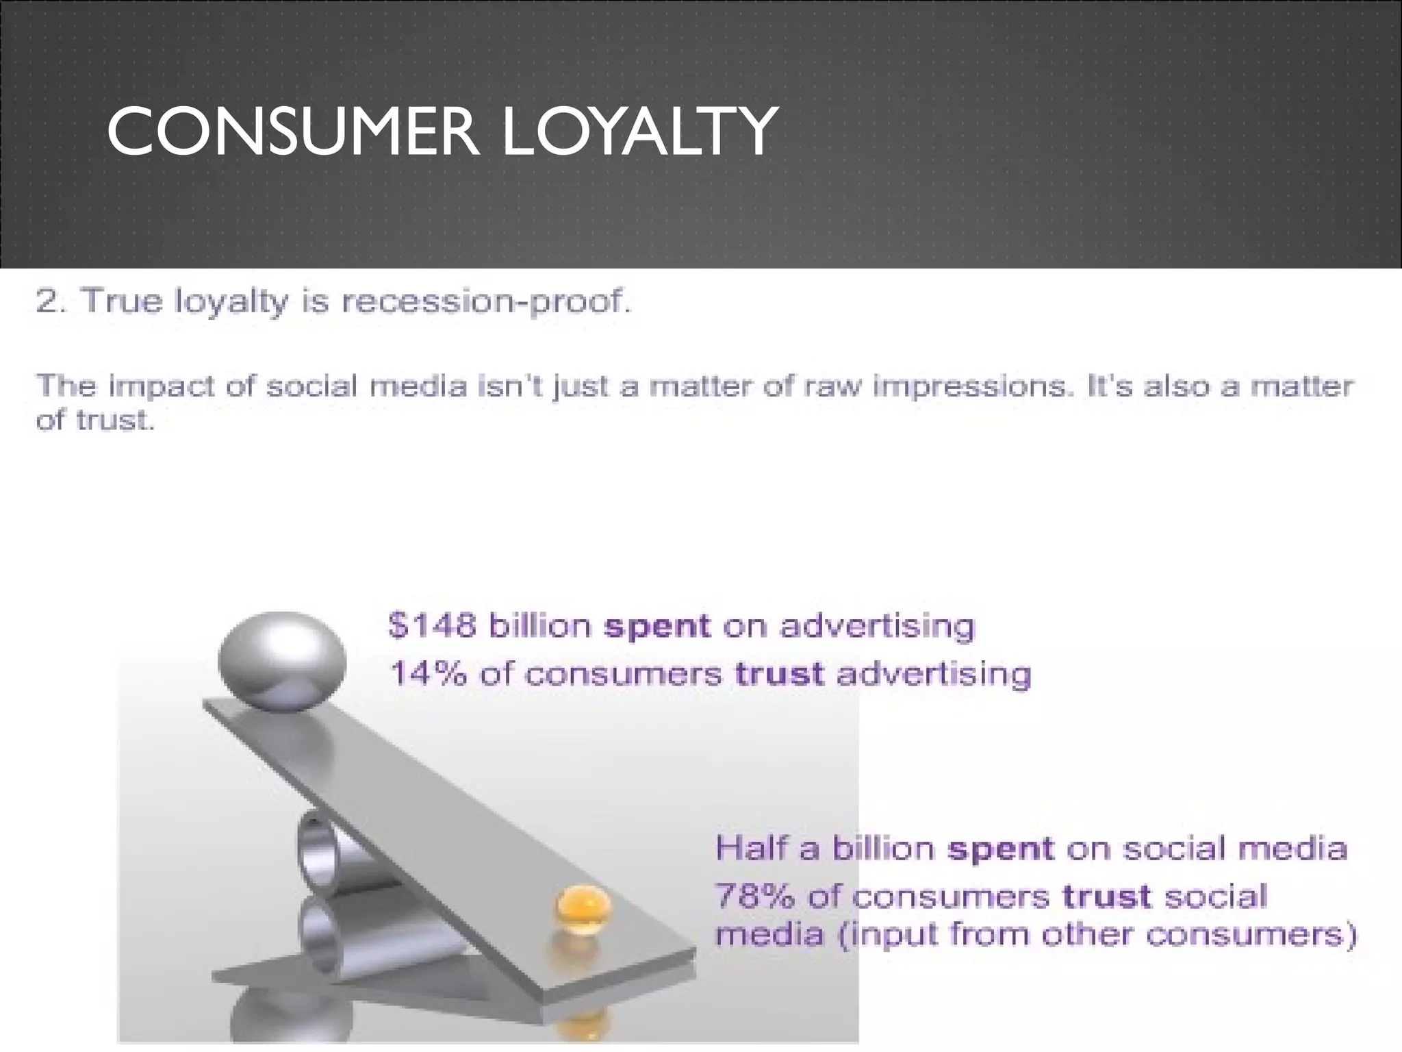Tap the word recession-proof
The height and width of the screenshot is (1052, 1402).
pyautogui.click(x=485, y=302)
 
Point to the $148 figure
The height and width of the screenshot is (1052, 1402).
pyautogui.click(x=432, y=626)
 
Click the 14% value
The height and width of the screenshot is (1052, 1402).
pyautogui.click(x=428, y=674)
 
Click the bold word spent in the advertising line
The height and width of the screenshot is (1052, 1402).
pyautogui.click(x=657, y=626)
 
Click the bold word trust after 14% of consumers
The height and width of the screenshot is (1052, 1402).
pyautogui.click(x=780, y=674)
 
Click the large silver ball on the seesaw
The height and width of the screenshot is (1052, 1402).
pyautogui.click(x=282, y=660)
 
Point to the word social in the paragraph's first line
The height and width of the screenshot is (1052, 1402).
pyautogui.click(x=311, y=386)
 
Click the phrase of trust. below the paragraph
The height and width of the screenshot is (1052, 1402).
pyautogui.click(x=95, y=421)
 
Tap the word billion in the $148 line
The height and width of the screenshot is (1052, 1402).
pyautogui.click(x=540, y=626)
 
